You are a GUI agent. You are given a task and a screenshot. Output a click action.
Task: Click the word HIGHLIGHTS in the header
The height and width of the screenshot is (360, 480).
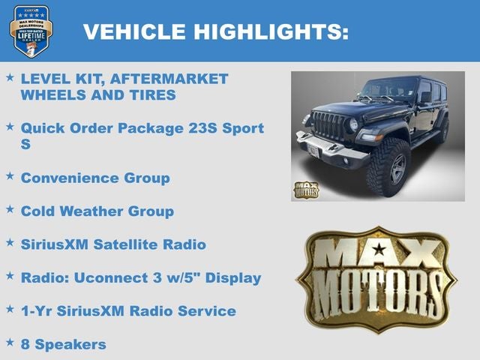[271, 31]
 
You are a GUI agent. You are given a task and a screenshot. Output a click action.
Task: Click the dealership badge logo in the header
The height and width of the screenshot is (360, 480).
[31, 31]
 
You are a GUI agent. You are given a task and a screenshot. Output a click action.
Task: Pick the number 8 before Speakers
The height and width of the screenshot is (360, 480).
[25, 344]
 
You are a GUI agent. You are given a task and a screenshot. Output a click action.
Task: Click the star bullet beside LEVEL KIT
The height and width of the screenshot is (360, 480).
[10, 77]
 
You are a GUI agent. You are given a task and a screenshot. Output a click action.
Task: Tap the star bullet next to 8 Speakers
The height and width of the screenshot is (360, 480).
[10, 343]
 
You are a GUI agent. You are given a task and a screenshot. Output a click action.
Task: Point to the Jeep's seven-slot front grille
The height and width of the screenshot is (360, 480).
[327, 125]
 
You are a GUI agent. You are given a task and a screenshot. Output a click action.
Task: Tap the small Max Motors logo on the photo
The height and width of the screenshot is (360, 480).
[305, 190]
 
